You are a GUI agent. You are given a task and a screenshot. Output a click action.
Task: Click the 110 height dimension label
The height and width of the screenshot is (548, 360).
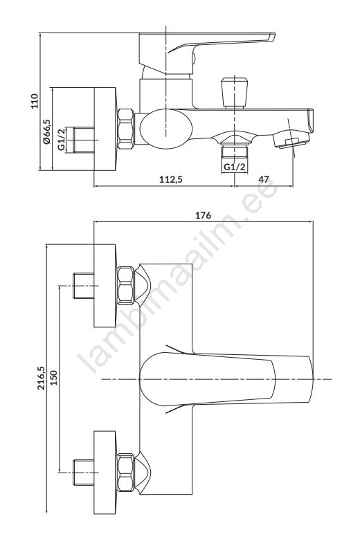point(35,101)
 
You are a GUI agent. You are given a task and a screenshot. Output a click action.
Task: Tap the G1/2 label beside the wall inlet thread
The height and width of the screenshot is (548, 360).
point(62,140)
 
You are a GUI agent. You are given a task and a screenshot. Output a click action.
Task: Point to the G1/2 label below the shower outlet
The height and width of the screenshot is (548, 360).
point(235,167)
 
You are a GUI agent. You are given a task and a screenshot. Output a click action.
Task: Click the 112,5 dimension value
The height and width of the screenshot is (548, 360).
point(171,179)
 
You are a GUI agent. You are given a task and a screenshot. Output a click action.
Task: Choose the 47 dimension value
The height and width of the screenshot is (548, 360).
point(264,179)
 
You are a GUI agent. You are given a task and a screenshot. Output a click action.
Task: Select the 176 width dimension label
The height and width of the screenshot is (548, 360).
point(203,215)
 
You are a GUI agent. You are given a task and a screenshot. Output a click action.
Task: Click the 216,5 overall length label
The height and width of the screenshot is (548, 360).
point(42,378)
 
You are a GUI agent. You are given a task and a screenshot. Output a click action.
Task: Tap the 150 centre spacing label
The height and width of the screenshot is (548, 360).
point(53,378)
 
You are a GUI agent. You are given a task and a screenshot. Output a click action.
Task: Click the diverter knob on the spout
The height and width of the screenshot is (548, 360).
point(235,93)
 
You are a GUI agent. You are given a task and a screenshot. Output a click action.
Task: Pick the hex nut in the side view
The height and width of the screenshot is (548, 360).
point(125,129)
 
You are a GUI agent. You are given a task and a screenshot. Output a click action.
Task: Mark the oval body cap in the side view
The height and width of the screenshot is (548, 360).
point(166,129)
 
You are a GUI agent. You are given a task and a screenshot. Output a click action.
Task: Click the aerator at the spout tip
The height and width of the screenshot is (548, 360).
point(291,140)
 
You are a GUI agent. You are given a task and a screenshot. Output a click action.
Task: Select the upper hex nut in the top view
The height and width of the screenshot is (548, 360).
point(125,286)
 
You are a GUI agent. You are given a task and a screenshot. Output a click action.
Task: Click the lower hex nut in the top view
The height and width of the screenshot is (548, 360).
point(125,473)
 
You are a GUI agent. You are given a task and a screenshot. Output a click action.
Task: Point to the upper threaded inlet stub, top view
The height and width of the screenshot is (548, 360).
point(84,286)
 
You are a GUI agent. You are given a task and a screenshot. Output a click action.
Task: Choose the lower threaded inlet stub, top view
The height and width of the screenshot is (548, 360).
point(84,473)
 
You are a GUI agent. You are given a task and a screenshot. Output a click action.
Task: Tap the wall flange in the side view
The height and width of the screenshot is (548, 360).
point(105,129)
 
